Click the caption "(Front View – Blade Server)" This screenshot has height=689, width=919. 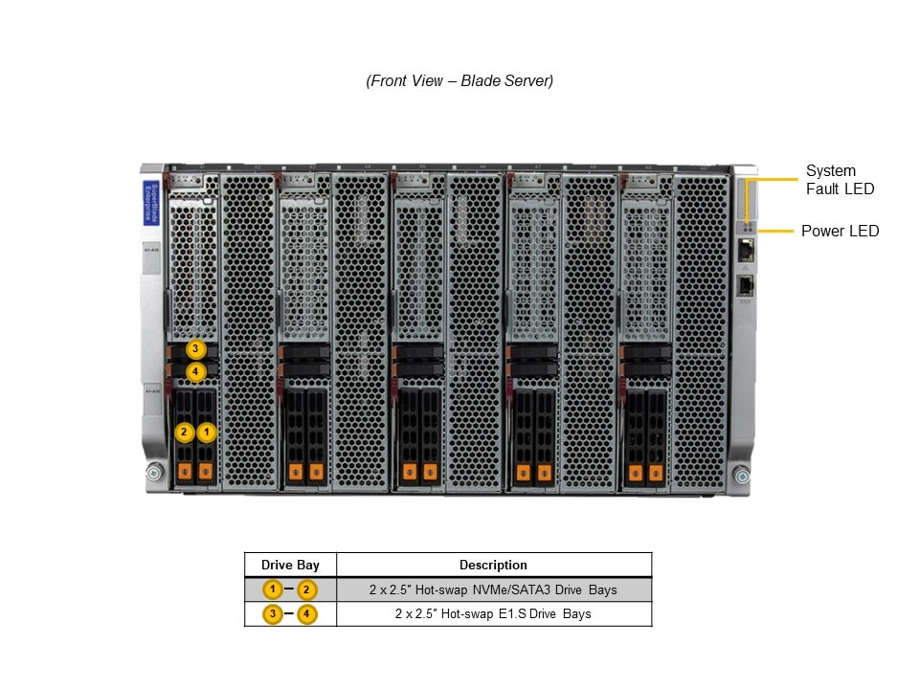(x=459, y=81)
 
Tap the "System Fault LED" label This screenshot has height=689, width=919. (x=840, y=180)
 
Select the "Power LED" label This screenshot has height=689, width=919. (x=840, y=231)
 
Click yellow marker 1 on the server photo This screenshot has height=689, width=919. (x=207, y=433)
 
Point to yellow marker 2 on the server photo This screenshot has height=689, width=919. (x=185, y=433)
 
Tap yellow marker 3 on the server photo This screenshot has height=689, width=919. (x=195, y=349)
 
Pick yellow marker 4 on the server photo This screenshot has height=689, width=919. (x=195, y=371)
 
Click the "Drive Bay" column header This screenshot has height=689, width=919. (x=290, y=565)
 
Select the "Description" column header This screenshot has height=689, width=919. (x=493, y=565)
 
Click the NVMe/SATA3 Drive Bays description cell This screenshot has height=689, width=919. (x=493, y=589)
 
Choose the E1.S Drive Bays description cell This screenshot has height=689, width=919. (x=493, y=613)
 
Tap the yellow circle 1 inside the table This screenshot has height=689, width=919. (x=274, y=589)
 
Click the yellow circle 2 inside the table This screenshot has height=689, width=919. (x=307, y=589)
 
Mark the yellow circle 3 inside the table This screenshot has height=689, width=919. (x=274, y=613)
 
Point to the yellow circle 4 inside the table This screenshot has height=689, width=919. (x=307, y=613)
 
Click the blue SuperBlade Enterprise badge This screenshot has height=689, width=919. (x=150, y=203)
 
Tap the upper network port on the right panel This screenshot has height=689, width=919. (x=746, y=251)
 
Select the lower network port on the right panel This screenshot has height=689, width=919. (x=746, y=284)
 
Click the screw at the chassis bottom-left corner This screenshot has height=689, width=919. (x=154, y=473)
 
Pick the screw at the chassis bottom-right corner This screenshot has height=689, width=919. (x=741, y=475)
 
